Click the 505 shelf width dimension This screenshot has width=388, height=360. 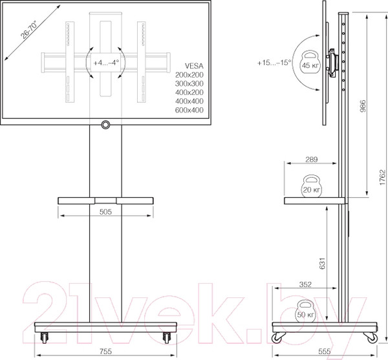105,211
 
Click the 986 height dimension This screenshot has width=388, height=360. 364,107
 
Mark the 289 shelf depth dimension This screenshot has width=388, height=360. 311,158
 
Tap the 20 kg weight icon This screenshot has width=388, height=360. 312,187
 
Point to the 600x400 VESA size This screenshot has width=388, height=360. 189,111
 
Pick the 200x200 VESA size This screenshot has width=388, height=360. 189,75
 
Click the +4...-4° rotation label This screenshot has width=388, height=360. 105,63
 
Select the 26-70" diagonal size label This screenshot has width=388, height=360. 28,29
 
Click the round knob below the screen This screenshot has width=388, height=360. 105,124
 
